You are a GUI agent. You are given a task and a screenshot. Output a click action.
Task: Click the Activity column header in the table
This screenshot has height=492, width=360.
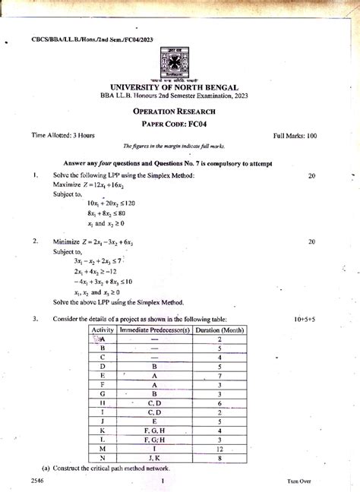(102, 331)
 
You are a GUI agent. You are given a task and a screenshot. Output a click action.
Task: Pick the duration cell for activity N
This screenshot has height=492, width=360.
(219, 459)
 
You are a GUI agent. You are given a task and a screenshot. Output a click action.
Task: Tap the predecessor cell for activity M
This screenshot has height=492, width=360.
(154, 449)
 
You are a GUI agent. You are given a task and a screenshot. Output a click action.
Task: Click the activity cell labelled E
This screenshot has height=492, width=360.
(102, 375)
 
